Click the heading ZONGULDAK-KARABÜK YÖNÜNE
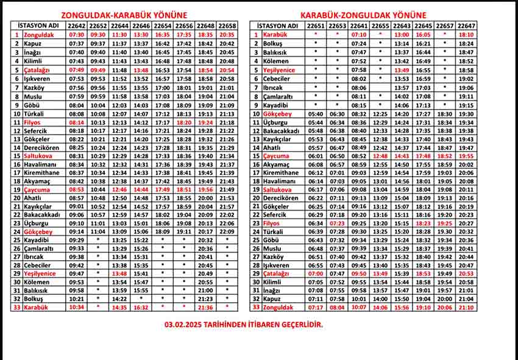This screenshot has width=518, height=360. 124,15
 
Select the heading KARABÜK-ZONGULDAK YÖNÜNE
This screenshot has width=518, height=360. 363,15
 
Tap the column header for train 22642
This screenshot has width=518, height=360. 77,26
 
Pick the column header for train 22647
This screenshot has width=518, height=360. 466,26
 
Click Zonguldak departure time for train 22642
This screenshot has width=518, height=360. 77,35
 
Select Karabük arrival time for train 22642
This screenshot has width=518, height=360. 77,308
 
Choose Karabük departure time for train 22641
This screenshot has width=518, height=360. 359,35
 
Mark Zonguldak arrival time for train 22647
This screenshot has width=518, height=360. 466,308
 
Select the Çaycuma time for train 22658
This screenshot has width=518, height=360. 227,189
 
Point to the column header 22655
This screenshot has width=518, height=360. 380,26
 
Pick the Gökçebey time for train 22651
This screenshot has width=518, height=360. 316,113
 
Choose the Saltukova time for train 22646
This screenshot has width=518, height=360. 141,156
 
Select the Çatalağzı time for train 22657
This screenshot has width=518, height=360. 445,274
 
